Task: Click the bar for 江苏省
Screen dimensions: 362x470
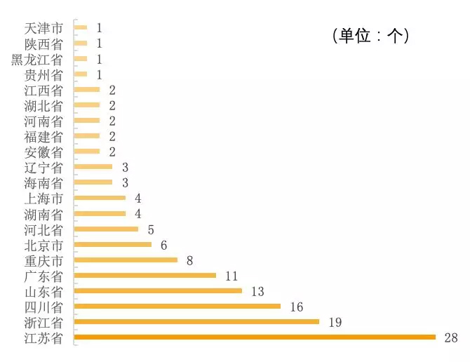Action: click(x=255, y=337)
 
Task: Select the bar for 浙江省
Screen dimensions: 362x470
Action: click(x=196, y=322)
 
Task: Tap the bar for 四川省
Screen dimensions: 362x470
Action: click(x=177, y=307)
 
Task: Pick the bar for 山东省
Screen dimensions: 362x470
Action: click(x=158, y=290)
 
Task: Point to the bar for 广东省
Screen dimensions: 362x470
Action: click(x=145, y=275)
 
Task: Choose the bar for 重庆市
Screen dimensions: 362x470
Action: click(x=126, y=260)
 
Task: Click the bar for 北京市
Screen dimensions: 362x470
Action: click(x=113, y=244)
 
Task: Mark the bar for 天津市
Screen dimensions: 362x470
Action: click(x=81, y=28)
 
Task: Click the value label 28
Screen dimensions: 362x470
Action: click(x=450, y=338)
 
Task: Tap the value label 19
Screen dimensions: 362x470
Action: click(x=334, y=322)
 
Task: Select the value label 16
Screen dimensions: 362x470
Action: click(x=295, y=307)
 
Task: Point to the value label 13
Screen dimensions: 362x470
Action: click(x=257, y=290)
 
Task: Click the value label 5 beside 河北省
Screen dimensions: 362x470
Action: click(x=150, y=229)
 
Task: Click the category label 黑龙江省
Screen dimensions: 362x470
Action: click(x=37, y=59)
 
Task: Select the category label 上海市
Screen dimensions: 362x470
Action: click(x=43, y=199)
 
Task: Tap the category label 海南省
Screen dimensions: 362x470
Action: click(x=43, y=183)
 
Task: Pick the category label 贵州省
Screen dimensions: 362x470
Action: click(x=43, y=74)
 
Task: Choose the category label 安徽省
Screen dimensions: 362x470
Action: click(x=43, y=152)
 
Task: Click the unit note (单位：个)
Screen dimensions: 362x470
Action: click(x=370, y=36)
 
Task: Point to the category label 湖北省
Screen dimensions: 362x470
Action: click(x=43, y=105)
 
